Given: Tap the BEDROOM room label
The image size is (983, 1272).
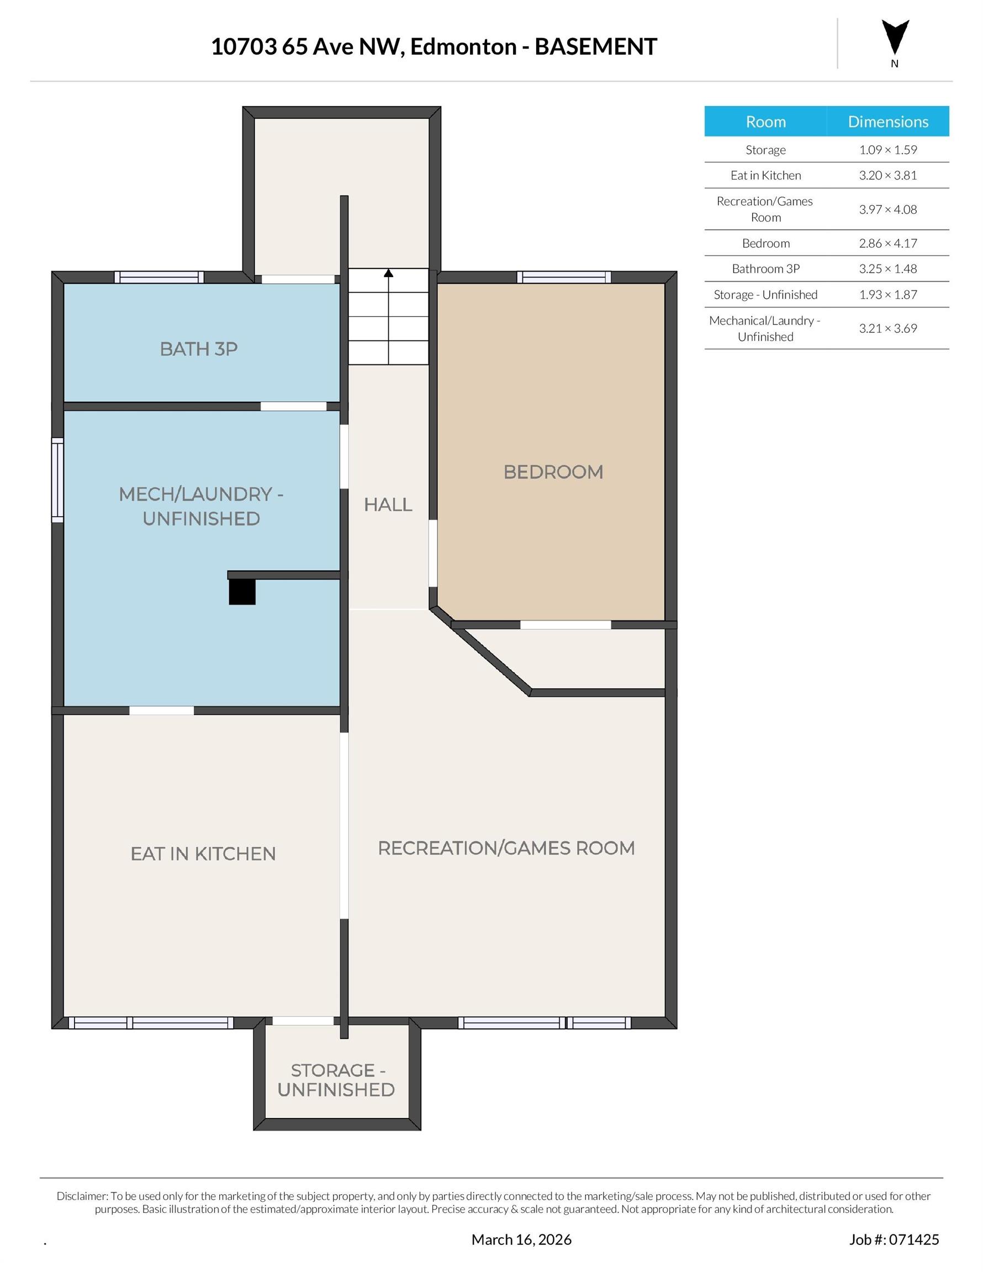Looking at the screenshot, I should pyautogui.click(x=553, y=472).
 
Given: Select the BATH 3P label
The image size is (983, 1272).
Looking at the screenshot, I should pyautogui.click(x=199, y=349).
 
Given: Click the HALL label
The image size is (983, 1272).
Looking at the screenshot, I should pyautogui.click(x=388, y=505).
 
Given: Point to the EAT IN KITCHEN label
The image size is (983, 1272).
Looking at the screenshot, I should pyautogui.click(x=203, y=854).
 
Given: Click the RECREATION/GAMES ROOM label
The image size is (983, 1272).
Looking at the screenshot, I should pyautogui.click(x=506, y=848).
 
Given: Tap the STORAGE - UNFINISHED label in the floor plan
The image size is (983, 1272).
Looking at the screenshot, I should pyautogui.click(x=336, y=1080).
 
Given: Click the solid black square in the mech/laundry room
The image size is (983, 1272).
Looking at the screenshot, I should pyautogui.click(x=242, y=592).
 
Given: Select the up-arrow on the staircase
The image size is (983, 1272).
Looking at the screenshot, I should pyautogui.click(x=389, y=273).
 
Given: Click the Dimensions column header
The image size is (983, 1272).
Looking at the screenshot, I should pyautogui.click(x=887, y=121).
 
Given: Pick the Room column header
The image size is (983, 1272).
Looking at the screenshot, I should pyautogui.click(x=765, y=121).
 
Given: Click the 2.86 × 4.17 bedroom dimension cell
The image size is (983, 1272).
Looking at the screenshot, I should pyautogui.click(x=887, y=243).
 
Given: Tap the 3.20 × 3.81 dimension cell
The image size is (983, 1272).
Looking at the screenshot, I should pyautogui.click(x=887, y=176).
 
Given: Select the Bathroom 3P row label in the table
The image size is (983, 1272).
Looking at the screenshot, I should pyautogui.click(x=765, y=269).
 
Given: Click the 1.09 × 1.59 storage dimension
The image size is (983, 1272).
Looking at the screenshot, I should pyautogui.click(x=887, y=150).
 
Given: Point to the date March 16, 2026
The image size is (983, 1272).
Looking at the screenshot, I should pyautogui.click(x=521, y=1239).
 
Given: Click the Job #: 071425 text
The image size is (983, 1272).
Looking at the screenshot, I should pyautogui.click(x=894, y=1239).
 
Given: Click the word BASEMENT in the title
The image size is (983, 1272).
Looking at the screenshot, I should pyautogui.click(x=595, y=46).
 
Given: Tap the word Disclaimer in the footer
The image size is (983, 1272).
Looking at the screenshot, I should pyautogui.click(x=82, y=1196).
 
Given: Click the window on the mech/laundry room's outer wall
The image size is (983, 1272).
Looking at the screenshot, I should pyautogui.click(x=57, y=480).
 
